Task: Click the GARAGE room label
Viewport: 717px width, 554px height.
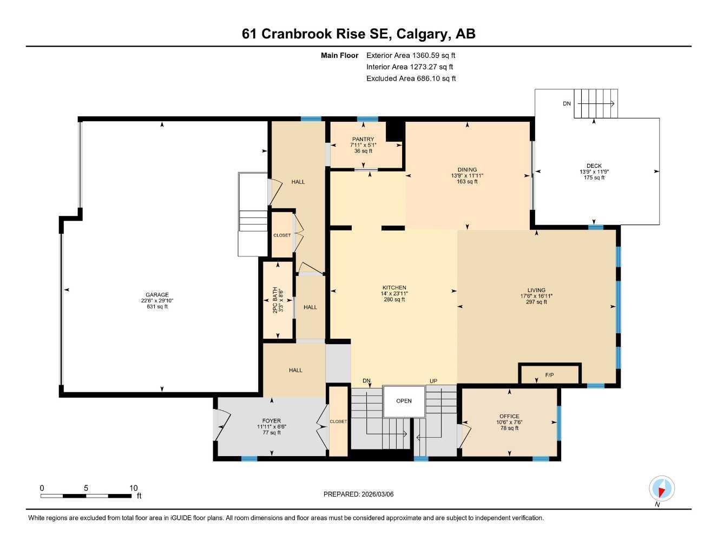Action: (x=156, y=295)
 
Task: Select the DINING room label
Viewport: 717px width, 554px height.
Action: (x=467, y=170)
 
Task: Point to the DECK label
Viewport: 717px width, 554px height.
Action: (x=594, y=166)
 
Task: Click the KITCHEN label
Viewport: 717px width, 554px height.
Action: (x=394, y=288)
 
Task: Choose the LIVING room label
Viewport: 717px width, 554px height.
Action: (x=536, y=290)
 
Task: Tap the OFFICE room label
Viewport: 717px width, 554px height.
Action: (x=509, y=417)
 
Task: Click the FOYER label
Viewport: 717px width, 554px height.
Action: (x=271, y=421)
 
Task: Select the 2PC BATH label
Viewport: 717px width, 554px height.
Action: (x=275, y=300)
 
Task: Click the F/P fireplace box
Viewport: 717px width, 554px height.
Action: (x=549, y=374)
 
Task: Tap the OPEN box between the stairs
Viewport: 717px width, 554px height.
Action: (x=404, y=401)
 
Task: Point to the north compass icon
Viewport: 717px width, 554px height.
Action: (x=661, y=489)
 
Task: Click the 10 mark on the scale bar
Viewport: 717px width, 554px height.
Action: (x=134, y=487)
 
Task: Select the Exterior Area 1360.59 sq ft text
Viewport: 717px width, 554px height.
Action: (x=411, y=55)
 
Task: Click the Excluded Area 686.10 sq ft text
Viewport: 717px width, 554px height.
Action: (x=411, y=78)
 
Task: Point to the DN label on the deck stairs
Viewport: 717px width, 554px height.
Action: (x=567, y=103)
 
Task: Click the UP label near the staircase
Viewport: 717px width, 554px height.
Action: (x=433, y=381)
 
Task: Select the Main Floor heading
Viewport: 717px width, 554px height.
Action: (x=339, y=55)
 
